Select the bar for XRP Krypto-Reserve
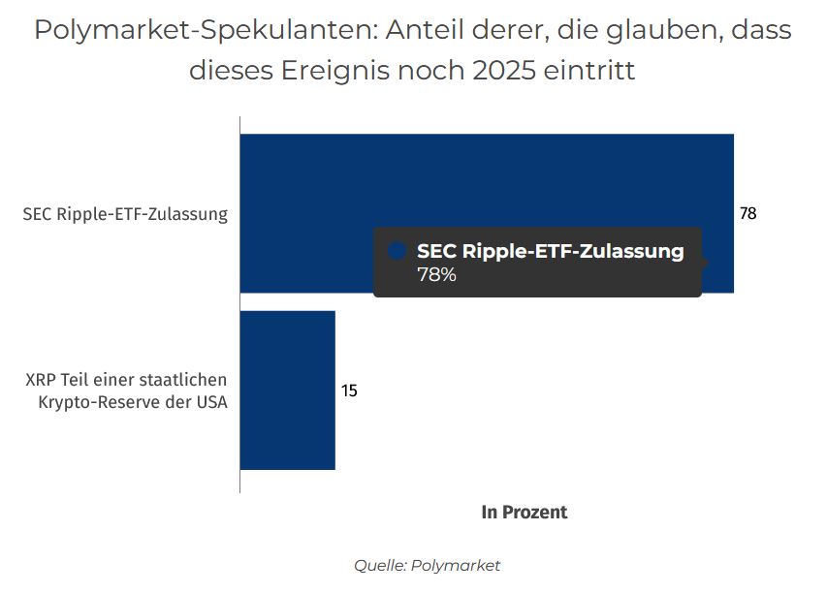point(287,390)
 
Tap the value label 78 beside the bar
point(747,214)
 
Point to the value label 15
point(349,391)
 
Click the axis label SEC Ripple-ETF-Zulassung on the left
point(125,214)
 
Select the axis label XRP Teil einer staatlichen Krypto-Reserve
point(126,390)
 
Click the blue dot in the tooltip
point(396,251)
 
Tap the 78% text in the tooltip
point(436,274)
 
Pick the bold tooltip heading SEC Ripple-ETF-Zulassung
point(550,251)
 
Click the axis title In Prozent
point(524,513)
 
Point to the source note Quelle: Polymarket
point(427,565)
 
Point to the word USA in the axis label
point(210,402)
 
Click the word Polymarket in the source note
point(456,565)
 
